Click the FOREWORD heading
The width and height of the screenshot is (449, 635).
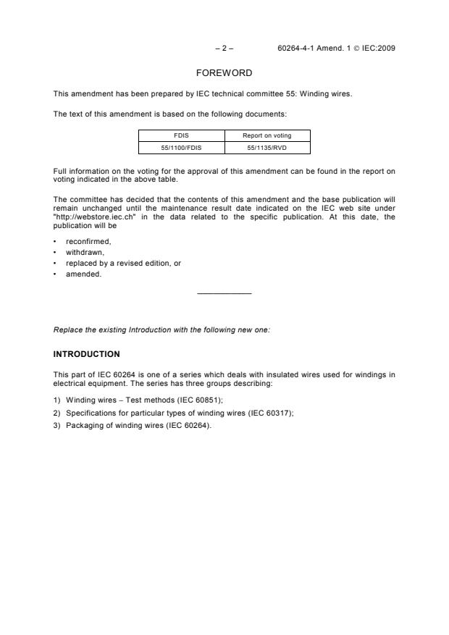coord(224,74)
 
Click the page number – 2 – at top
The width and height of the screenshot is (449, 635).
coord(224,49)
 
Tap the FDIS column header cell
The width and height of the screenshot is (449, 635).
coord(181,135)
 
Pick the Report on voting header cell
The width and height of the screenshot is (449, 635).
coord(267,135)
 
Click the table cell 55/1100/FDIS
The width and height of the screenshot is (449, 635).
coord(181,147)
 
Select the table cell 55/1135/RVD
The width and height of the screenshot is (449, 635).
coord(267,147)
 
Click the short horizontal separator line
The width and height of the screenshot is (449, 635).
coord(224,293)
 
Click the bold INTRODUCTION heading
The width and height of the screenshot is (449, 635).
coord(87,354)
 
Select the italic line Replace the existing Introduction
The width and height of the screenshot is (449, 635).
coord(161,329)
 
